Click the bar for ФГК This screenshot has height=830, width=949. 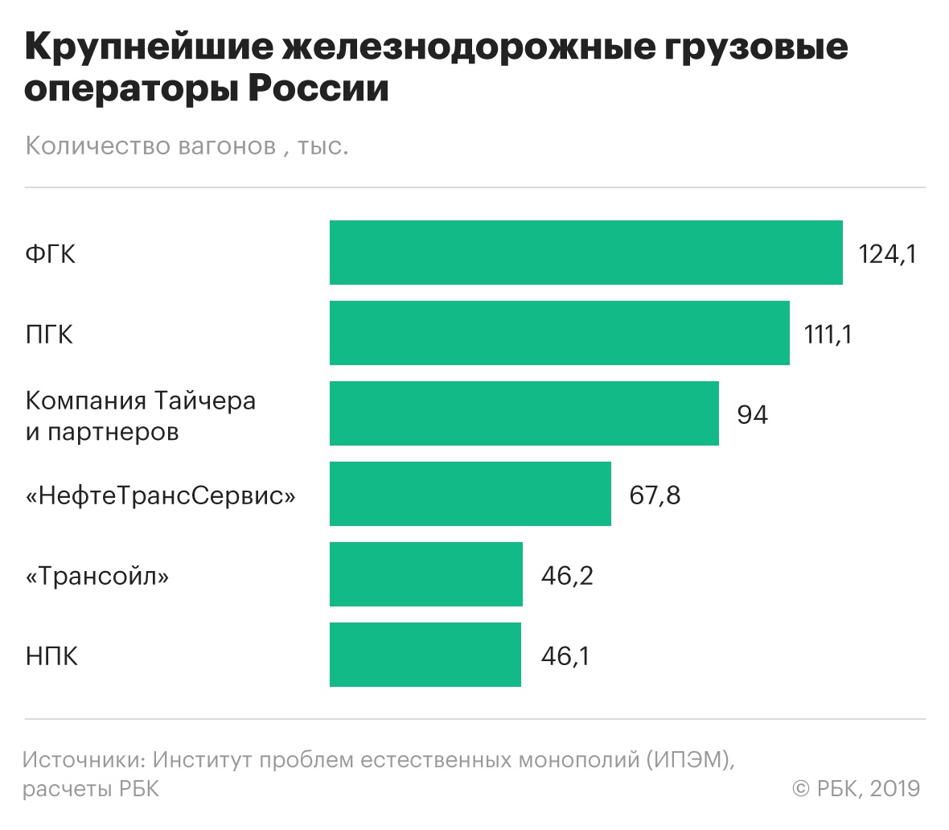[x=585, y=253]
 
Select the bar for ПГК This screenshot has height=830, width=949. [x=559, y=333]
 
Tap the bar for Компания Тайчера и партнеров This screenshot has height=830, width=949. [x=524, y=413]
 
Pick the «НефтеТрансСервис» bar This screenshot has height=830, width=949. [x=470, y=494]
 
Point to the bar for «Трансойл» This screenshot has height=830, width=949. [x=425, y=574]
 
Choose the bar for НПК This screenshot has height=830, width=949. [x=425, y=655]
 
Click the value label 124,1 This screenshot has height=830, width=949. [x=887, y=254]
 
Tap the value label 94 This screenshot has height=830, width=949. [x=752, y=415]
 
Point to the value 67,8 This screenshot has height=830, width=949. [x=655, y=495]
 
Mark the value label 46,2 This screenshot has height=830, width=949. [x=567, y=576]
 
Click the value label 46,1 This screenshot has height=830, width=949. [x=565, y=656]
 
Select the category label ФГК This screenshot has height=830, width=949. [x=50, y=254]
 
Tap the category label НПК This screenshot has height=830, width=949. [x=51, y=656]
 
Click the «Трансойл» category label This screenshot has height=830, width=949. [x=97, y=576]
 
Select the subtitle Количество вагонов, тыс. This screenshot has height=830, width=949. [x=187, y=146]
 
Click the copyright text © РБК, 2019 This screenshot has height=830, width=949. [x=856, y=788]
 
